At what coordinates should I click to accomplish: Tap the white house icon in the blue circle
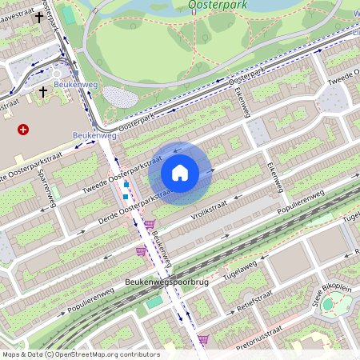point(180,172)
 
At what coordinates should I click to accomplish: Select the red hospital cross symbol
point(22,129)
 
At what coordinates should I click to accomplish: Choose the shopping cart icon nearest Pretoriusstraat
point(203,338)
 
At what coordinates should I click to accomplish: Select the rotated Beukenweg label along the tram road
point(161,249)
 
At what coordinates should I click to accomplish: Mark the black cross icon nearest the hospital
point(43,92)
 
